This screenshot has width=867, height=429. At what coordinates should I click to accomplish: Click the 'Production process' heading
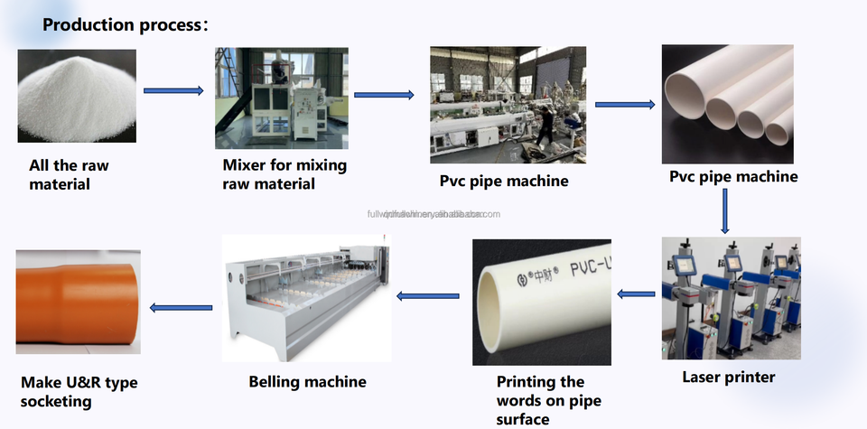tap(126, 24)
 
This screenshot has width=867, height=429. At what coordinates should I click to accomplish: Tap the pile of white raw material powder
tap(77, 98)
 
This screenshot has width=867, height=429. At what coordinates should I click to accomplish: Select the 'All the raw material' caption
tap(69, 175)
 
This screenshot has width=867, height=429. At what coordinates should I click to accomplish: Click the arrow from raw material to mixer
tap(173, 90)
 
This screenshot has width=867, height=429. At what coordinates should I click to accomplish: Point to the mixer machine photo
tap(281, 98)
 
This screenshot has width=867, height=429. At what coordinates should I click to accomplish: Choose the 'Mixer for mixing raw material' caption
tap(284, 174)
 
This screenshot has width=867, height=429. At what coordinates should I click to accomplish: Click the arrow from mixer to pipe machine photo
tap(384, 95)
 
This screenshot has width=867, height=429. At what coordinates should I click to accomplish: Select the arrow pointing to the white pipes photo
tap(625, 105)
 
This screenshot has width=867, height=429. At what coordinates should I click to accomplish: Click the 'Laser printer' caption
tap(728, 377)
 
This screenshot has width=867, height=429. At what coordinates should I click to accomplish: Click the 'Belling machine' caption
tap(307, 382)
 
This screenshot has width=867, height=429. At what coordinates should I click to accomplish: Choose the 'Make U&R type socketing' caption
tap(79, 392)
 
